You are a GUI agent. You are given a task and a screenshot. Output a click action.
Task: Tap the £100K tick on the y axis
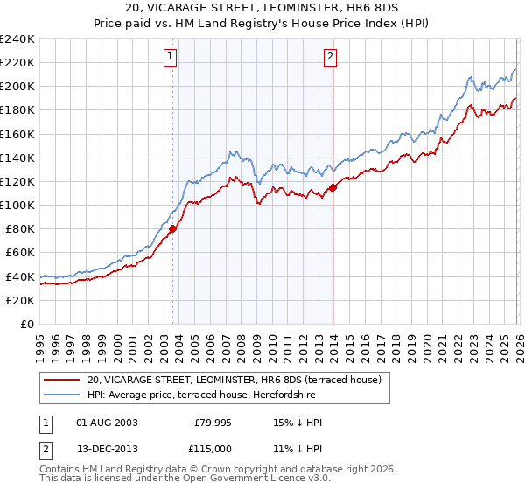click(x=18, y=205)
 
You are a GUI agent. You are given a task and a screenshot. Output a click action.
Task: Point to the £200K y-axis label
click(x=18, y=87)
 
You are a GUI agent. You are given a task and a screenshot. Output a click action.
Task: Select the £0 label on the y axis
click(x=28, y=324)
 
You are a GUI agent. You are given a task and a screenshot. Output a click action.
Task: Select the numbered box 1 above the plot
click(x=170, y=58)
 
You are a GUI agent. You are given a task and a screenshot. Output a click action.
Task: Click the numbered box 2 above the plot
click(x=330, y=58)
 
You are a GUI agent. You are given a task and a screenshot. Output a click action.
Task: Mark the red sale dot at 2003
click(x=172, y=229)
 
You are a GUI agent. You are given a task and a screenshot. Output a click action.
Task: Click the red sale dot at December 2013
click(x=332, y=187)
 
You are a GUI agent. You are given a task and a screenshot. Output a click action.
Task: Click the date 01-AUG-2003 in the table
click(x=108, y=423)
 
